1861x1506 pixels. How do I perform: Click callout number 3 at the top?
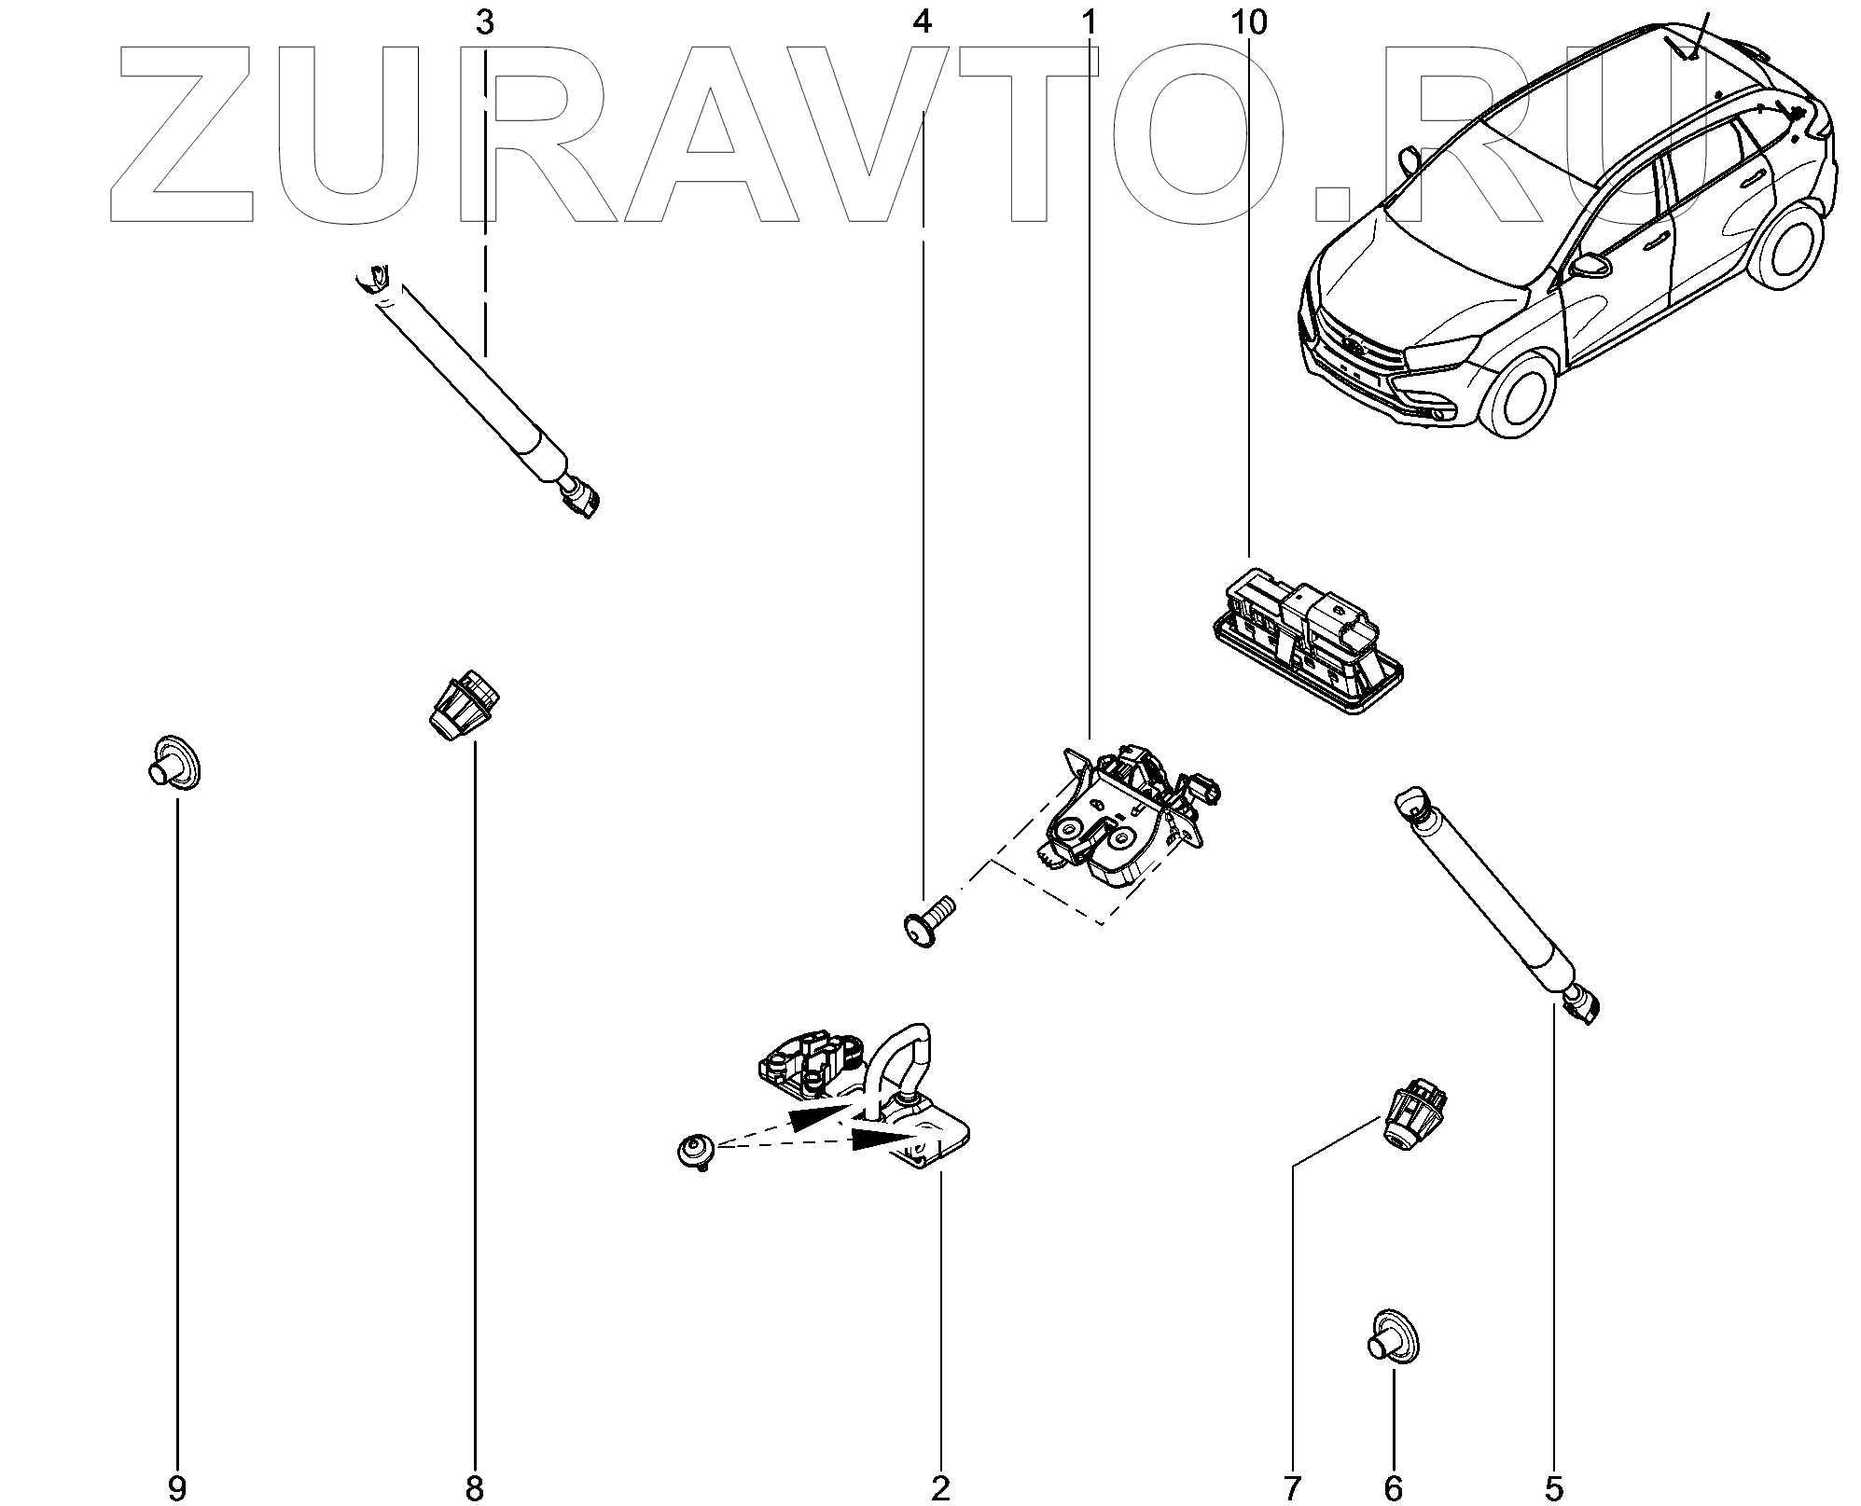point(484,22)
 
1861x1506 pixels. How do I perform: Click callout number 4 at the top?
point(923,22)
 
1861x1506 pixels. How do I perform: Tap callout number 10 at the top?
point(1249,22)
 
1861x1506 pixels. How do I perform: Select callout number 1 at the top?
point(1089,22)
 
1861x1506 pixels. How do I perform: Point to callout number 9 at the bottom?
point(176,1488)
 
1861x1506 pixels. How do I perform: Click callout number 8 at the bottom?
point(474,1488)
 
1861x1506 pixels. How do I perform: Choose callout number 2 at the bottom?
point(940,1488)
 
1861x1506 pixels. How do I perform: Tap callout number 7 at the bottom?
point(1292,1488)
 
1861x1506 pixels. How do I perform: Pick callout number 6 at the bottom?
point(1393,1488)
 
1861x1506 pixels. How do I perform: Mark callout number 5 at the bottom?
point(1553,1488)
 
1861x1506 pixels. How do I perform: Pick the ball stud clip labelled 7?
point(1411,1118)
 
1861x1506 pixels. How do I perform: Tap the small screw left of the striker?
point(694,1152)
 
